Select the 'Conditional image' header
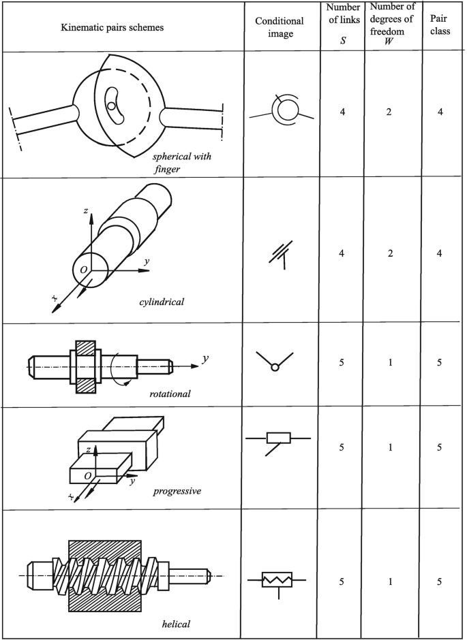click(x=283, y=27)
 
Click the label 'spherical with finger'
click(x=181, y=161)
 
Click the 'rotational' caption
click(x=170, y=394)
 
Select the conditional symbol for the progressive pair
click(x=279, y=439)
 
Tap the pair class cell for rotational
click(x=440, y=362)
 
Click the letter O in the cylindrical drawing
click(x=82, y=270)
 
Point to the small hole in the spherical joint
click(x=110, y=106)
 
